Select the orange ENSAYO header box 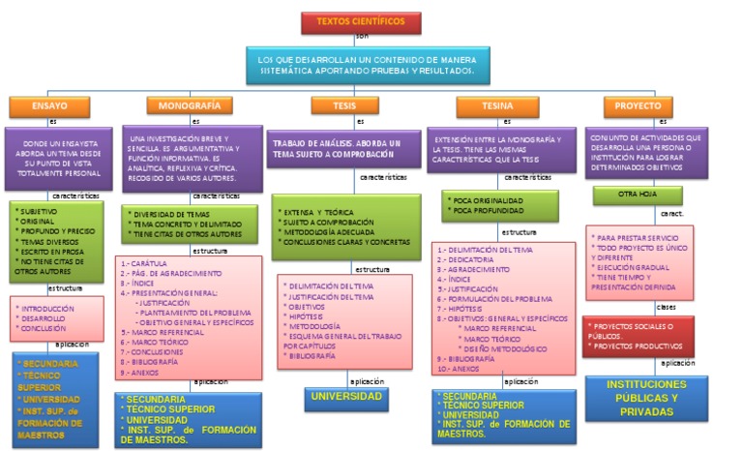[48, 105]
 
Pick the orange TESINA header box [496, 105]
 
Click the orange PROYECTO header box [639, 105]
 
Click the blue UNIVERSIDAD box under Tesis [345, 397]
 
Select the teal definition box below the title [365, 66]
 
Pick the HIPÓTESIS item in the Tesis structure [307, 316]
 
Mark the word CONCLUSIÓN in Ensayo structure [44, 328]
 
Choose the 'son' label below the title [362, 36]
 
